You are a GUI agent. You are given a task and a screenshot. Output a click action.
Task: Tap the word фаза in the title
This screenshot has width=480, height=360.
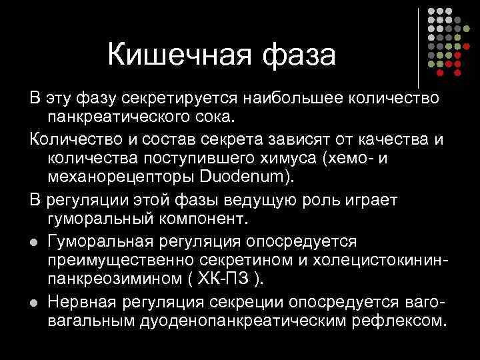coord(299,55)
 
